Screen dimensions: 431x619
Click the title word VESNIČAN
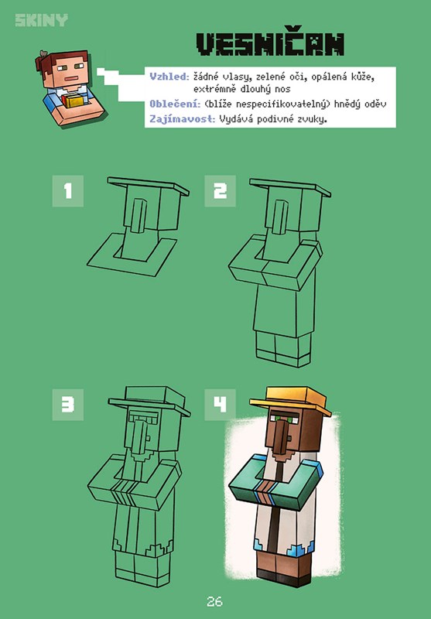(270, 43)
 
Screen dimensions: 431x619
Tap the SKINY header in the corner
(42, 20)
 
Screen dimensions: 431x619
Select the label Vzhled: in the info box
(169, 77)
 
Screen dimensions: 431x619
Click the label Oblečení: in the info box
(175, 104)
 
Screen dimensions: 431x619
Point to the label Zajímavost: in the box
(183, 118)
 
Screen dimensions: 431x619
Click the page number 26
(214, 602)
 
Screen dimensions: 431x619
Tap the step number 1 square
(68, 191)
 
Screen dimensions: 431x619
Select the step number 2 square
(220, 191)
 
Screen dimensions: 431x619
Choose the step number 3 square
(68, 405)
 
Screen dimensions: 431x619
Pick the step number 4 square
(220, 405)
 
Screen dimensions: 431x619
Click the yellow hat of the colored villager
(290, 400)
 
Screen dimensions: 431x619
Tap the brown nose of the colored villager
(280, 437)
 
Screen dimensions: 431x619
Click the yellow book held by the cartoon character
(74, 101)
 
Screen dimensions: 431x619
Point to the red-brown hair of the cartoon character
(60, 60)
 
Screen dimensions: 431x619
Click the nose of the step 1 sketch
(139, 216)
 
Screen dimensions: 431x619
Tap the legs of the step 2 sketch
(282, 349)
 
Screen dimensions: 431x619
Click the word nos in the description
(282, 89)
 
